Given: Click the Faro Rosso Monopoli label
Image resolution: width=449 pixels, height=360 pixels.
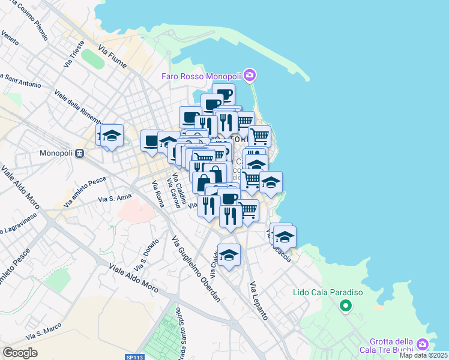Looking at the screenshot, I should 200,76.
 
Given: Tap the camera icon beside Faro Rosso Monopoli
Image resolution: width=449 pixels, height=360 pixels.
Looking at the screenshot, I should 250,76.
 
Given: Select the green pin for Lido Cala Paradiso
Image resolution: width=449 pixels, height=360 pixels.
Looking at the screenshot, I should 345,307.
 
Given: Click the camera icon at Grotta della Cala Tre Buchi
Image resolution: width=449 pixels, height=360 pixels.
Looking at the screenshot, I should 423,344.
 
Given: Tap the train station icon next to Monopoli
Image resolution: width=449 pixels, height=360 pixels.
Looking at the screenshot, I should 79,153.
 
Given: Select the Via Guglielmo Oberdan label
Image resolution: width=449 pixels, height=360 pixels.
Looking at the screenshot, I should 196,268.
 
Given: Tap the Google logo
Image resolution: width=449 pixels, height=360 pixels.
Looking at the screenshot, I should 20,353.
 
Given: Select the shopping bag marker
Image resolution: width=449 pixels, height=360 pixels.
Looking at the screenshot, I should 204,181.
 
